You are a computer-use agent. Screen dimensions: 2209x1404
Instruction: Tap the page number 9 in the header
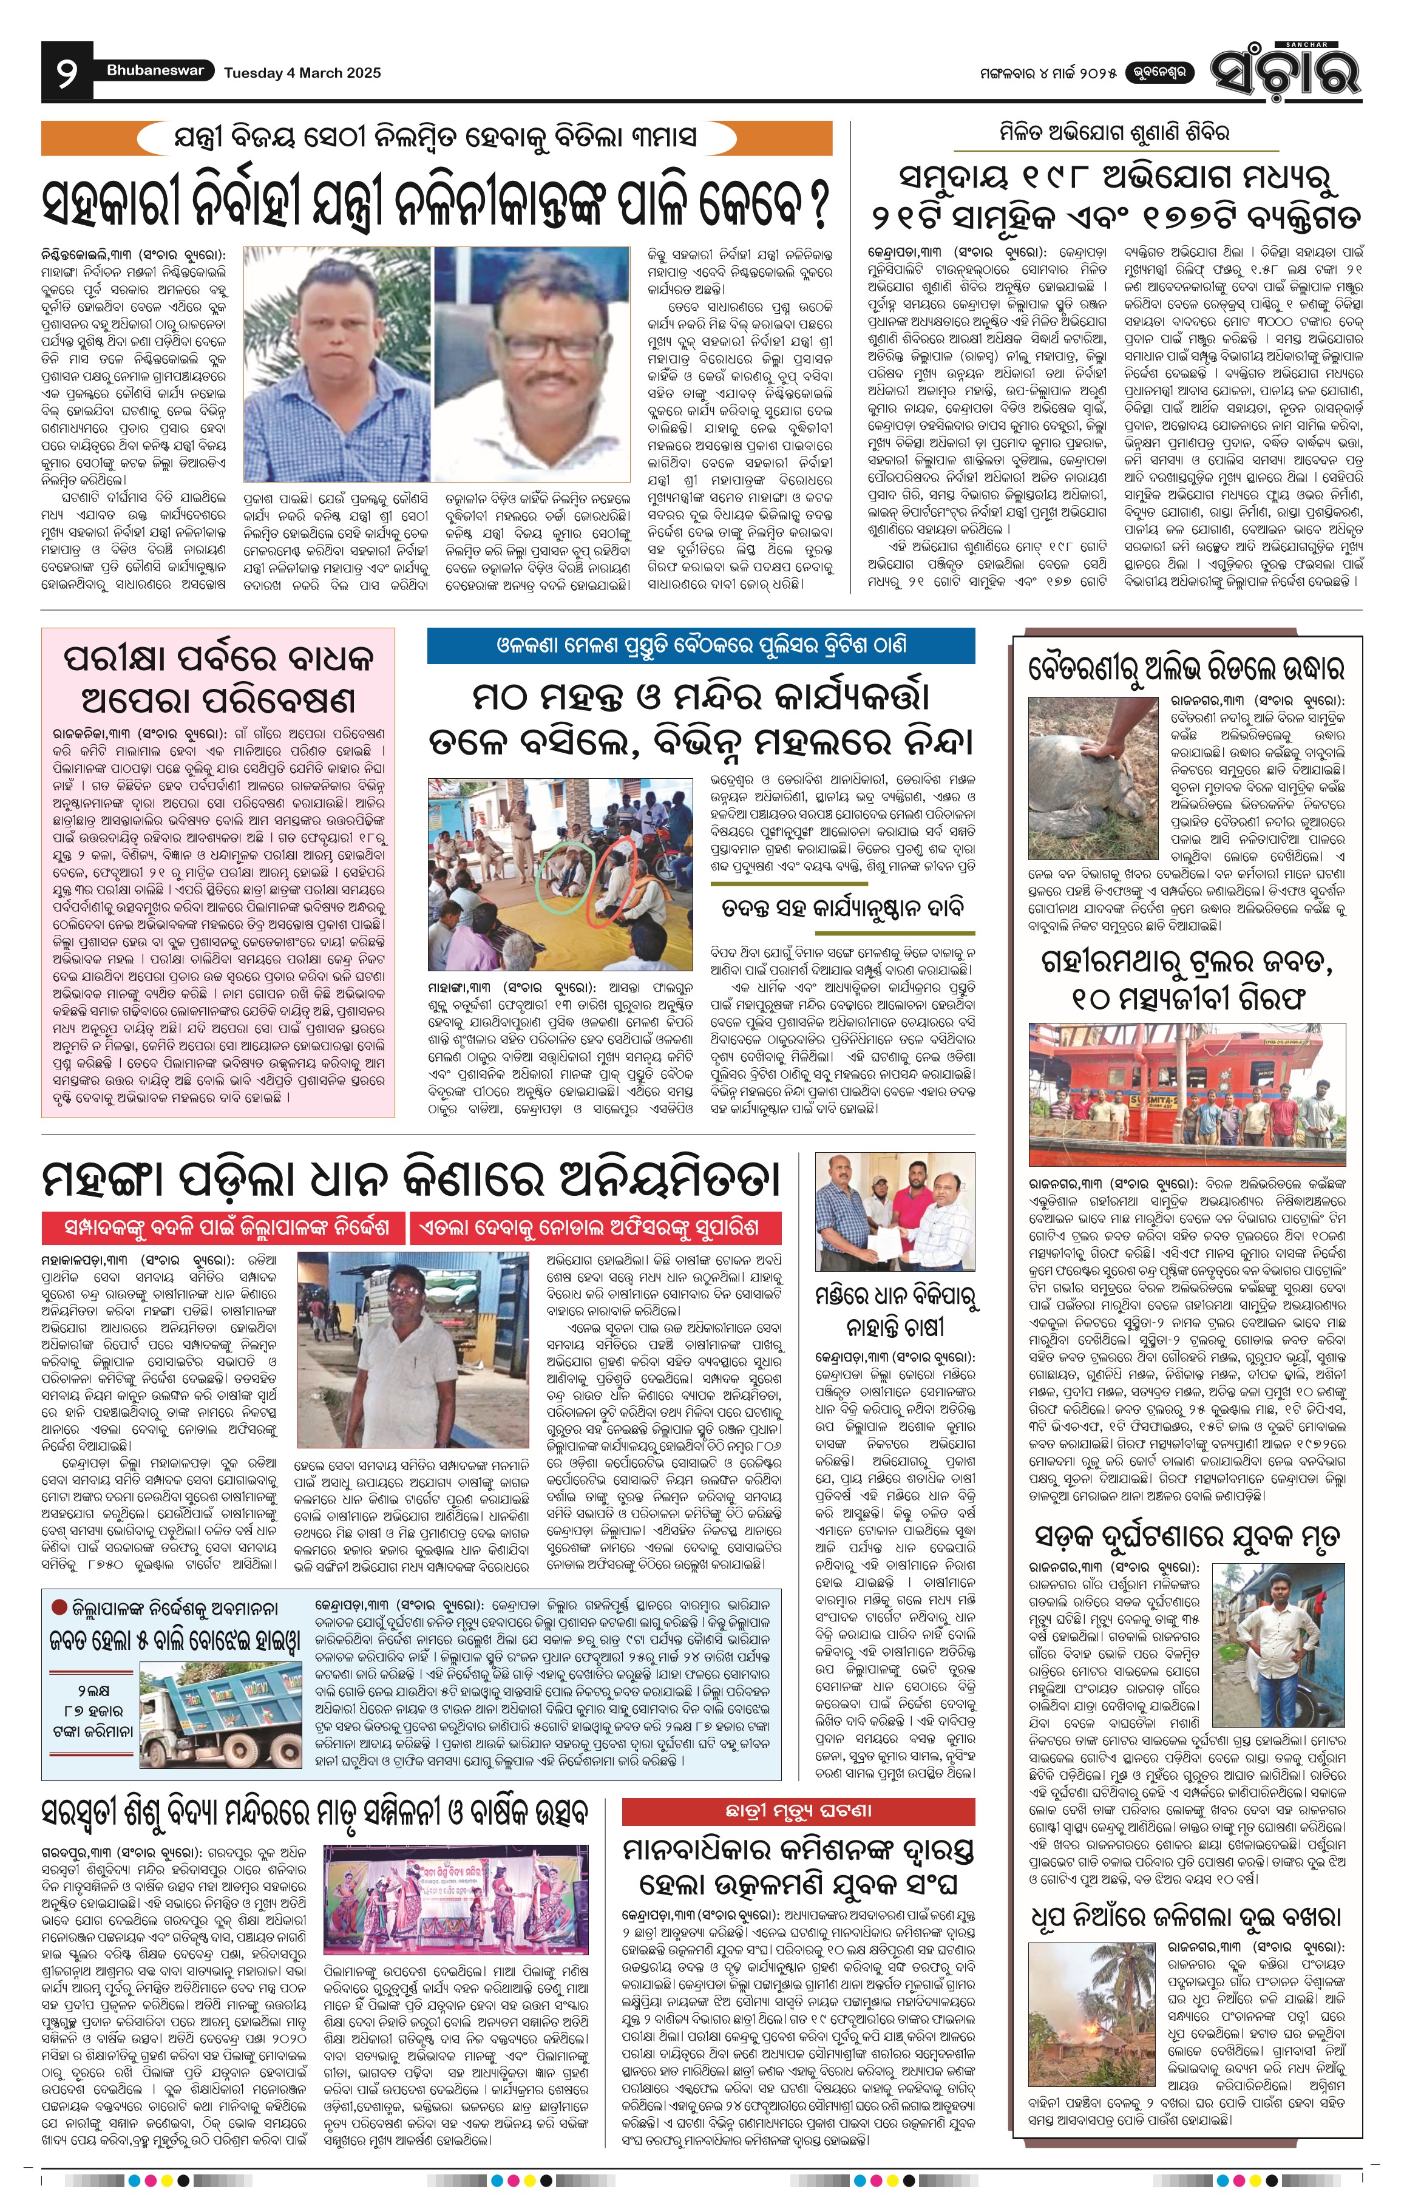[67, 72]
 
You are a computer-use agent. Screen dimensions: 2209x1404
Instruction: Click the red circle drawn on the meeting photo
[610, 876]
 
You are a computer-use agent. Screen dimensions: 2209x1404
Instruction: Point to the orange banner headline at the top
[436, 138]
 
